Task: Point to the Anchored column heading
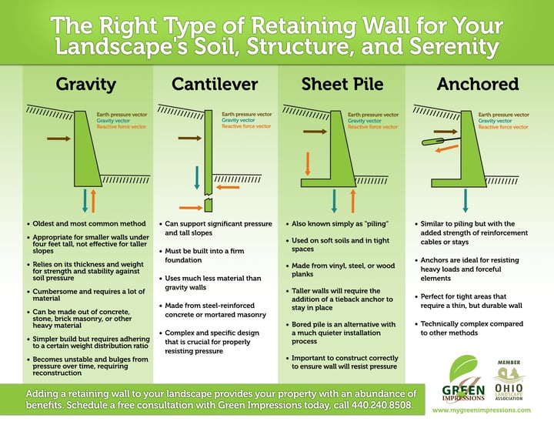click(x=467, y=84)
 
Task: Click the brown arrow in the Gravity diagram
click(x=58, y=139)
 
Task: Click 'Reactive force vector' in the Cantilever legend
click(x=246, y=126)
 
